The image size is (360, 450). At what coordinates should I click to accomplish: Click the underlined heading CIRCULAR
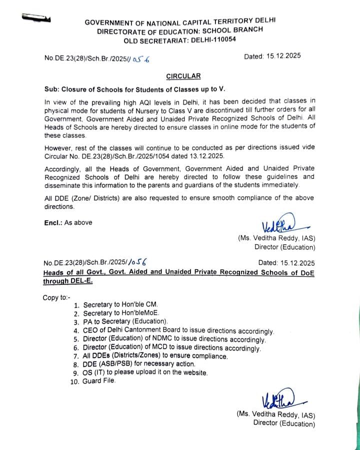183,76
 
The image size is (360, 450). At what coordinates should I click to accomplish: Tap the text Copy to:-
57,297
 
